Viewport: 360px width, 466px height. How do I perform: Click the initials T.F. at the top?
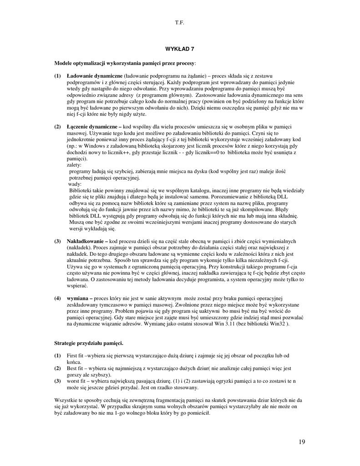[x=179, y=22]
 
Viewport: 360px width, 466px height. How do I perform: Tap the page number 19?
[x=302, y=442]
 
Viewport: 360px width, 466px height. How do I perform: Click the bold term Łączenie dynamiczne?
[x=91, y=126]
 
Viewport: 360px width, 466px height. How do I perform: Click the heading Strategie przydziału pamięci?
[x=88, y=342]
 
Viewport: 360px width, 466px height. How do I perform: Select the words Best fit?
[x=74, y=368]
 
